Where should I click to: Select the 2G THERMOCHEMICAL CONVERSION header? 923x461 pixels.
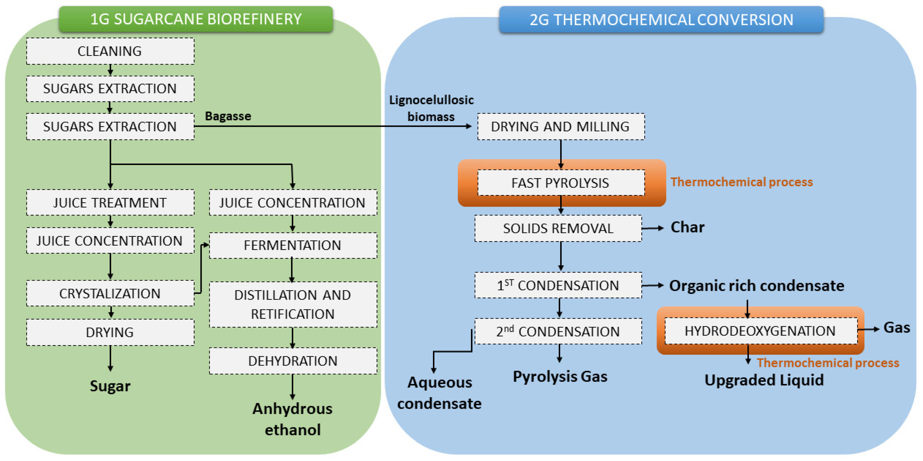click(x=661, y=20)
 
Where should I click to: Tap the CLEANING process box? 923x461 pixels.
click(x=110, y=51)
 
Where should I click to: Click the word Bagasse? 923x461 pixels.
click(x=228, y=116)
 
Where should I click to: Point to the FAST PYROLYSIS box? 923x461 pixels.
click(x=561, y=183)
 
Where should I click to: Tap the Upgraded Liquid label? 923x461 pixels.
click(x=764, y=380)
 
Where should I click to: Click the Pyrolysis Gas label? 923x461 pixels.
click(x=560, y=376)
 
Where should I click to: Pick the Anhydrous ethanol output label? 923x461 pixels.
click(x=292, y=419)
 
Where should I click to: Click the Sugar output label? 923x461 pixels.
click(x=110, y=386)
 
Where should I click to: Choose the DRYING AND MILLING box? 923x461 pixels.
click(x=561, y=127)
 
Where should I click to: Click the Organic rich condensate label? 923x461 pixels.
click(x=756, y=286)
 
